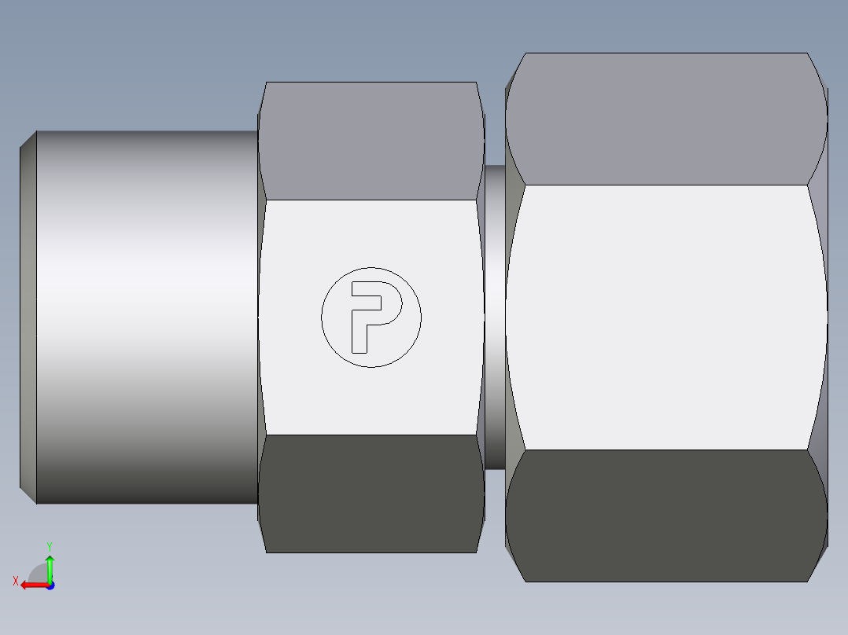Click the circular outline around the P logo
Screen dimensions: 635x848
pos(322,317)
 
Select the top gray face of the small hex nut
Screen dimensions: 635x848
pos(371,141)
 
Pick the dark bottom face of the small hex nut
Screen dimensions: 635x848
pos(371,493)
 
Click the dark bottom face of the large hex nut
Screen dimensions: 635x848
pos(665,515)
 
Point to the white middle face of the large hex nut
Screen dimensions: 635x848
pos(665,317)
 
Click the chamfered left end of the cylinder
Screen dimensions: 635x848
pos(28,317)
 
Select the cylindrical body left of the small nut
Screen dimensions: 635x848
pos(146,317)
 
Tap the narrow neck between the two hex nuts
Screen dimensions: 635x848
pos(495,317)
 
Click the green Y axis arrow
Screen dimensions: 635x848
pos(50,567)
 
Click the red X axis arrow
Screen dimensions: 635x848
pos(31,585)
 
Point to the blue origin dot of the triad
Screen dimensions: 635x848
pos(50,585)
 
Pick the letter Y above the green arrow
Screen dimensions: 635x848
pos(50,545)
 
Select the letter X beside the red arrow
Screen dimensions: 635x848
pos(15,582)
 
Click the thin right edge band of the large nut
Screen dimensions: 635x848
pos(821,317)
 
